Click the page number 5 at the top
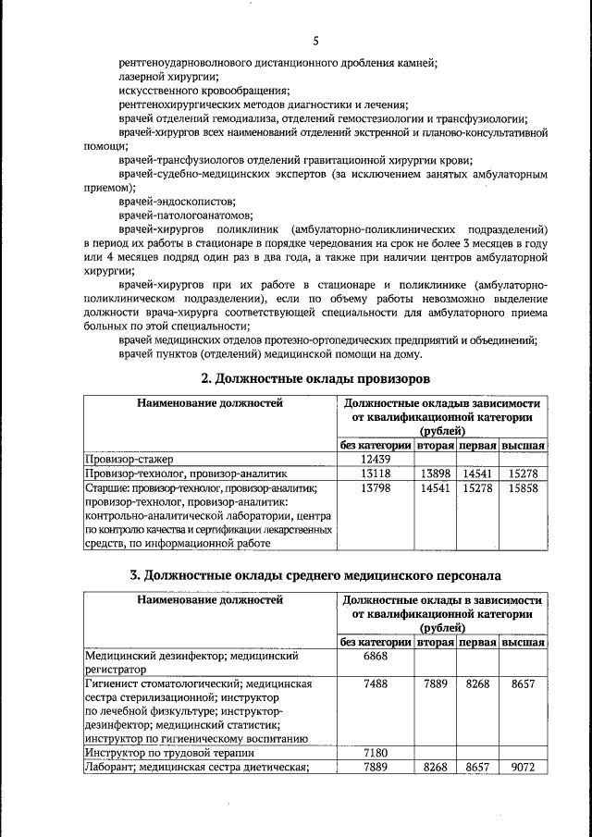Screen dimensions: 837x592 (x=315, y=41)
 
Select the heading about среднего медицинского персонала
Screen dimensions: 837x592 (x=315, y=574)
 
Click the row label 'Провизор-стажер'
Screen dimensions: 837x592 (x=129, y=459)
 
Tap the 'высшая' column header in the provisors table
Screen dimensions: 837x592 (x=523, y=446)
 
